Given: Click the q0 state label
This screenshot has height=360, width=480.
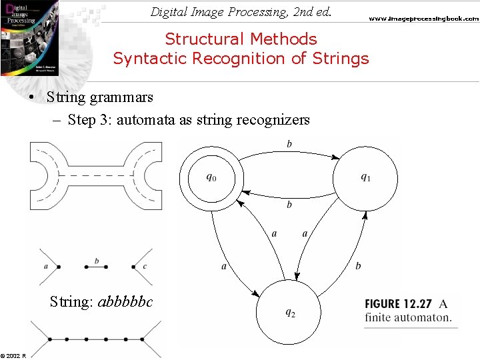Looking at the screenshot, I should click(211, 177).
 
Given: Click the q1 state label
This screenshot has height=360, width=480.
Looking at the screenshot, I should click(366, 177).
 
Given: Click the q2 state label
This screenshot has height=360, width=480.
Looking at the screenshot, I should click(291, 313).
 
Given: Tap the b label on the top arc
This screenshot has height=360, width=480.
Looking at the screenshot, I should click(289, 144).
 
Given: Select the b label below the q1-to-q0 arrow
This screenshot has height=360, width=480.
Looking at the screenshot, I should click(289, 205).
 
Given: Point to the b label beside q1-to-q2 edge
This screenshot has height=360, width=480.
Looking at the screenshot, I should click(358, 266).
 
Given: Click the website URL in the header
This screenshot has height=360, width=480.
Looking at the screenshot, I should click(424, 19).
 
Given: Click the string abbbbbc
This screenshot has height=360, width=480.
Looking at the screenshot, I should click(125, 302).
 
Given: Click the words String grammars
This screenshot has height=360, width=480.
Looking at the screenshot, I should click(100, 97).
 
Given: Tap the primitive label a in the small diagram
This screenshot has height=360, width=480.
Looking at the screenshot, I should click(45, 267).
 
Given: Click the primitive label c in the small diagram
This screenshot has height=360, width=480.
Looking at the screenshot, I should click(145, 267).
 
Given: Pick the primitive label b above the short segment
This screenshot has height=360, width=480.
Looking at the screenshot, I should click(97, 261).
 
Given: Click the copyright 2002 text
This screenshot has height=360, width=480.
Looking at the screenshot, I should click(13, 355).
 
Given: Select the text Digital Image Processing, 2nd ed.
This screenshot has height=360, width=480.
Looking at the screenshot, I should click(241, 11).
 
